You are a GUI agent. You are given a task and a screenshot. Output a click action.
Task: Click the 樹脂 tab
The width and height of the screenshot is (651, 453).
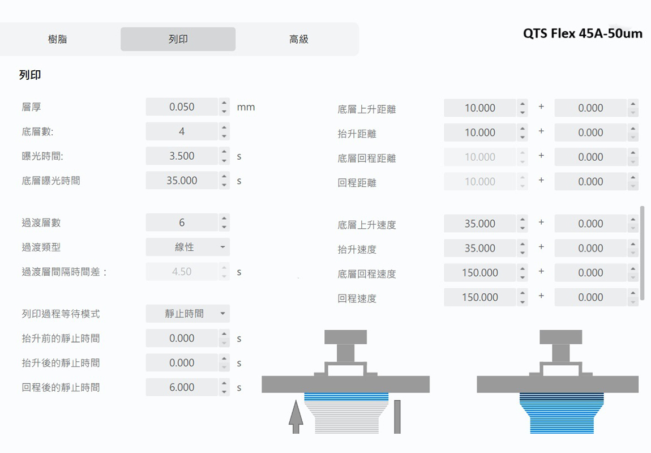click(x=57, y=39)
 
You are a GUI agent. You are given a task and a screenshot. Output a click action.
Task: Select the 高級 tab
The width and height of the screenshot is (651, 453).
click(x=298, y=39)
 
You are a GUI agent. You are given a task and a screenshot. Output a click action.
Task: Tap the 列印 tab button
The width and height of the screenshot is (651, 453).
click(x=178, y=39)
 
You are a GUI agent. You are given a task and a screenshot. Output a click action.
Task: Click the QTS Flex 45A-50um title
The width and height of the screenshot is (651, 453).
click(x=583, y=33)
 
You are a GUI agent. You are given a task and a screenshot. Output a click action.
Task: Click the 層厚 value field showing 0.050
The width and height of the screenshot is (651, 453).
click(x=182, y=106)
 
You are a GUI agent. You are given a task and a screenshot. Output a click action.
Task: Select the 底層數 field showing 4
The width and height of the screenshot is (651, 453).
click(x=182, y=131)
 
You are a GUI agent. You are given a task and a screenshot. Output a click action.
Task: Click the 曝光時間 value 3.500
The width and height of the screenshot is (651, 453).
click(x=182, y=156)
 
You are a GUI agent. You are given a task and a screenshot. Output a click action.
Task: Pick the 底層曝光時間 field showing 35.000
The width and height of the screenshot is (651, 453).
click(x=182, y=180)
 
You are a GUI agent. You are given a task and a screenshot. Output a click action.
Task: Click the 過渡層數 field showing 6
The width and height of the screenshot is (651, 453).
click(x=182, y=223)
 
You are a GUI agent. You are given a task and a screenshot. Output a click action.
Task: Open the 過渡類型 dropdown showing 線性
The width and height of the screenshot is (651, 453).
click(x=188, y=247)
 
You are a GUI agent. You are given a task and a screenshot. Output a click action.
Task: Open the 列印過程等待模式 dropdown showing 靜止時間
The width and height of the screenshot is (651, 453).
click(x=188, y=314)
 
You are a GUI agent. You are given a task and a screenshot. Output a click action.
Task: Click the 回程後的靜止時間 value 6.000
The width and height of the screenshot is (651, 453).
click(x=182, y=387)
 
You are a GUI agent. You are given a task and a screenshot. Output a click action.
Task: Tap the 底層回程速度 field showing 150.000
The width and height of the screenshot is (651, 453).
click(x=480, y=272)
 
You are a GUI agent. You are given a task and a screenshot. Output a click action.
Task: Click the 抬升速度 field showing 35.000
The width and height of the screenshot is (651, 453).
click(x=480, y=248)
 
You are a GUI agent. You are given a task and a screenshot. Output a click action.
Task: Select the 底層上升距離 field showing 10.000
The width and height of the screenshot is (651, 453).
click(x=480, y=108)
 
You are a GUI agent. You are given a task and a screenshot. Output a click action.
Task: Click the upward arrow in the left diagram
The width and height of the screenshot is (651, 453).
click(x=295, y=417)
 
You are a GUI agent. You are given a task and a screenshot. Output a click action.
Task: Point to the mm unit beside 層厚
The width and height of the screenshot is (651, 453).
click(x=246, y=107)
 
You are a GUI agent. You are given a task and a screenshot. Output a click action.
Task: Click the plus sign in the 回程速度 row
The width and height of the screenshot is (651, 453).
click(x=541, y=296)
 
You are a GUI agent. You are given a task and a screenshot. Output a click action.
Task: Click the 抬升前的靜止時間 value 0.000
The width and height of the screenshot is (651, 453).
click(x=182, y=338)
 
